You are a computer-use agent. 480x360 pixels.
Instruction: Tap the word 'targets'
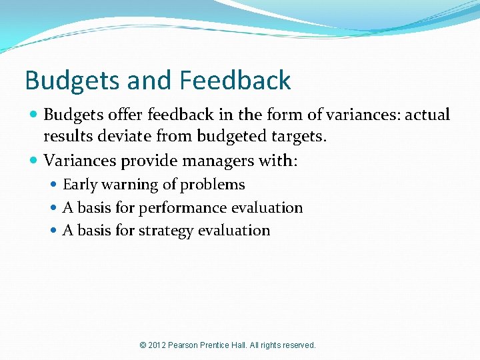[x=299, y=137]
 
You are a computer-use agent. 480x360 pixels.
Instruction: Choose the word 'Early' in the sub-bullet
[x=78, y=185]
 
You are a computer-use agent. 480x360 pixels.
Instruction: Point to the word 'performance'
[x=183, y=208]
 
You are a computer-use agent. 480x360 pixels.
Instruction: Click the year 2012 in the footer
[x=158, y=345]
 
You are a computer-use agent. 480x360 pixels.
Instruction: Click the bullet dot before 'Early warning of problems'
[x=54, y=185]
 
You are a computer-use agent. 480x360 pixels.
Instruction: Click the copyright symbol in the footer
[x=143, y=345]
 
